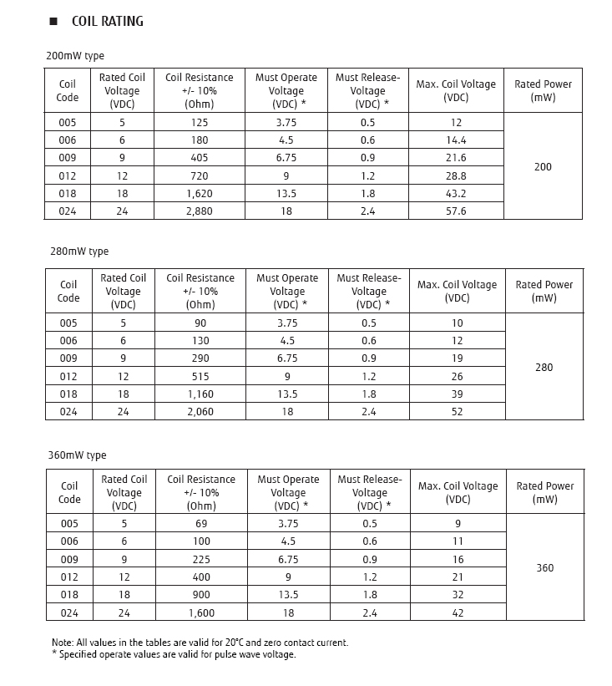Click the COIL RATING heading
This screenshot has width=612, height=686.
pos(107,22)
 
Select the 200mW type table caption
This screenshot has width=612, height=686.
pos(75,56)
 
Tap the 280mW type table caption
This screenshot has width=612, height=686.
pos(77,252)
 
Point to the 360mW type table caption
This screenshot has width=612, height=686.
pos(77,455)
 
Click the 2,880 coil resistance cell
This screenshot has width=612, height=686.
pos(200,211)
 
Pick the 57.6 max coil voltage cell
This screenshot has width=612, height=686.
pos(456,211)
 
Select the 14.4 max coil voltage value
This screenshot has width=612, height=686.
pos(456,140)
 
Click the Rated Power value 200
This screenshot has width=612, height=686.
pos(543,167)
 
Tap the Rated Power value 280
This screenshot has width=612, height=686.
pos(544,368)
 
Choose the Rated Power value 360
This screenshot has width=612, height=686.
pos(544,568)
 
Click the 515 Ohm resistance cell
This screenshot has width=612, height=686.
pos(200,377)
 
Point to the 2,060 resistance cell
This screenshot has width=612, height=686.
pos(200,411)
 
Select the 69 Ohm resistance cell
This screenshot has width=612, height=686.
pos(200,524)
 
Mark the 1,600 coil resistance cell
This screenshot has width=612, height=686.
pos(200,612)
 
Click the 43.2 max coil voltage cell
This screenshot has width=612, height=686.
pos(456,194)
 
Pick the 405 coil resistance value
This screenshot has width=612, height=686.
pos(200,158)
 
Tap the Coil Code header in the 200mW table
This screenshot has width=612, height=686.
pos(68,91)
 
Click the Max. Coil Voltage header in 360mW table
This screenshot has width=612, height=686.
pos(458,493)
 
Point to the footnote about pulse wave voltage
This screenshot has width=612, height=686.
pos(174,654)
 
